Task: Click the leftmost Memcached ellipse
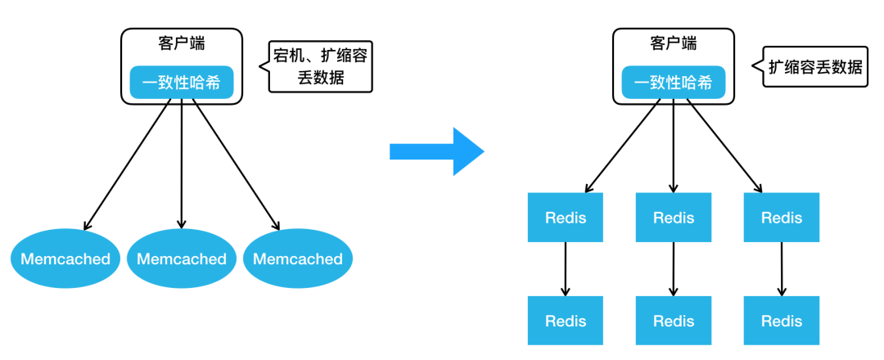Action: (x=65, y=259)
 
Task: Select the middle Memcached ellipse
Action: (x=182, y=259)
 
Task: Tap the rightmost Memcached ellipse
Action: (x=298, y=259)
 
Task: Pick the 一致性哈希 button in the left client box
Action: (x=182, y=83)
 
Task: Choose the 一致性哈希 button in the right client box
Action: (x=673, y=83)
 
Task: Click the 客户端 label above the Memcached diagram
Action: (x=182, y=43)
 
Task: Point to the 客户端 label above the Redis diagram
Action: (x=673, y=43)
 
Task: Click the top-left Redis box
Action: (x=566, y=218)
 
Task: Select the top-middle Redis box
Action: (x=674, y=218)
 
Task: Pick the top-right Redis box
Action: (x=782, y=218)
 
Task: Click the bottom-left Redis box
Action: (x=566, y=321)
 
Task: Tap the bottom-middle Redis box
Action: (x=674, y=321)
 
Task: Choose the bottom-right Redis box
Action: (x=782, y=321)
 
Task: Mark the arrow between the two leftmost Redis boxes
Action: (x=566, y=269)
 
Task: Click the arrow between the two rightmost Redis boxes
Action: (x=782, y=269)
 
